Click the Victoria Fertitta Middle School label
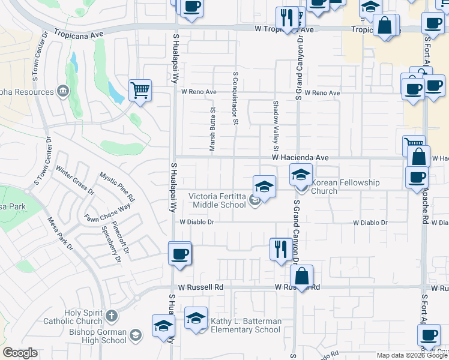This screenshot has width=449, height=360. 217,200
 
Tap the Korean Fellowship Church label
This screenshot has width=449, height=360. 345,187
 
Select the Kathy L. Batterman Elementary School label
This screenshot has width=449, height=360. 246,325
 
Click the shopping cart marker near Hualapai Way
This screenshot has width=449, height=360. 140,91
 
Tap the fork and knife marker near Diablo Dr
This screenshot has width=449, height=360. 280,248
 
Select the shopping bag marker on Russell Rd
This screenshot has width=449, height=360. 302,276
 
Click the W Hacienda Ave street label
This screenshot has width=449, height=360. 300,157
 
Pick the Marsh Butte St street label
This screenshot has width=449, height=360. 212,129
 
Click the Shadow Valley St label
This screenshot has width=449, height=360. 276,125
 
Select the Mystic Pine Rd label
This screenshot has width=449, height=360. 117,187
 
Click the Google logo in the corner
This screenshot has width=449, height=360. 20,352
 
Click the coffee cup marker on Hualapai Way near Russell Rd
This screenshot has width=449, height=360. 180,254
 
